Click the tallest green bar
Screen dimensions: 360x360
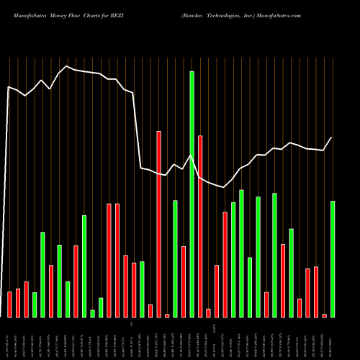[192, 194]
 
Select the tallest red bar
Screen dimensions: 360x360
[158, 224]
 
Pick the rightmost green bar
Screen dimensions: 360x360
[332, 259]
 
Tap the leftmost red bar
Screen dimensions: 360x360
[9, 305]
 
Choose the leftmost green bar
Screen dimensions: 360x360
[35, 305]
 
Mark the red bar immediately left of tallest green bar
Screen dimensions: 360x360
[184, 282]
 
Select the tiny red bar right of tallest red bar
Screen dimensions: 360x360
[167, 315]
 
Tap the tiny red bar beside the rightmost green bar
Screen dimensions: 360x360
[324, 315]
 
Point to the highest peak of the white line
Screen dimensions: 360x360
[67, 67]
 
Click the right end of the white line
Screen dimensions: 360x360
[332, 138]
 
